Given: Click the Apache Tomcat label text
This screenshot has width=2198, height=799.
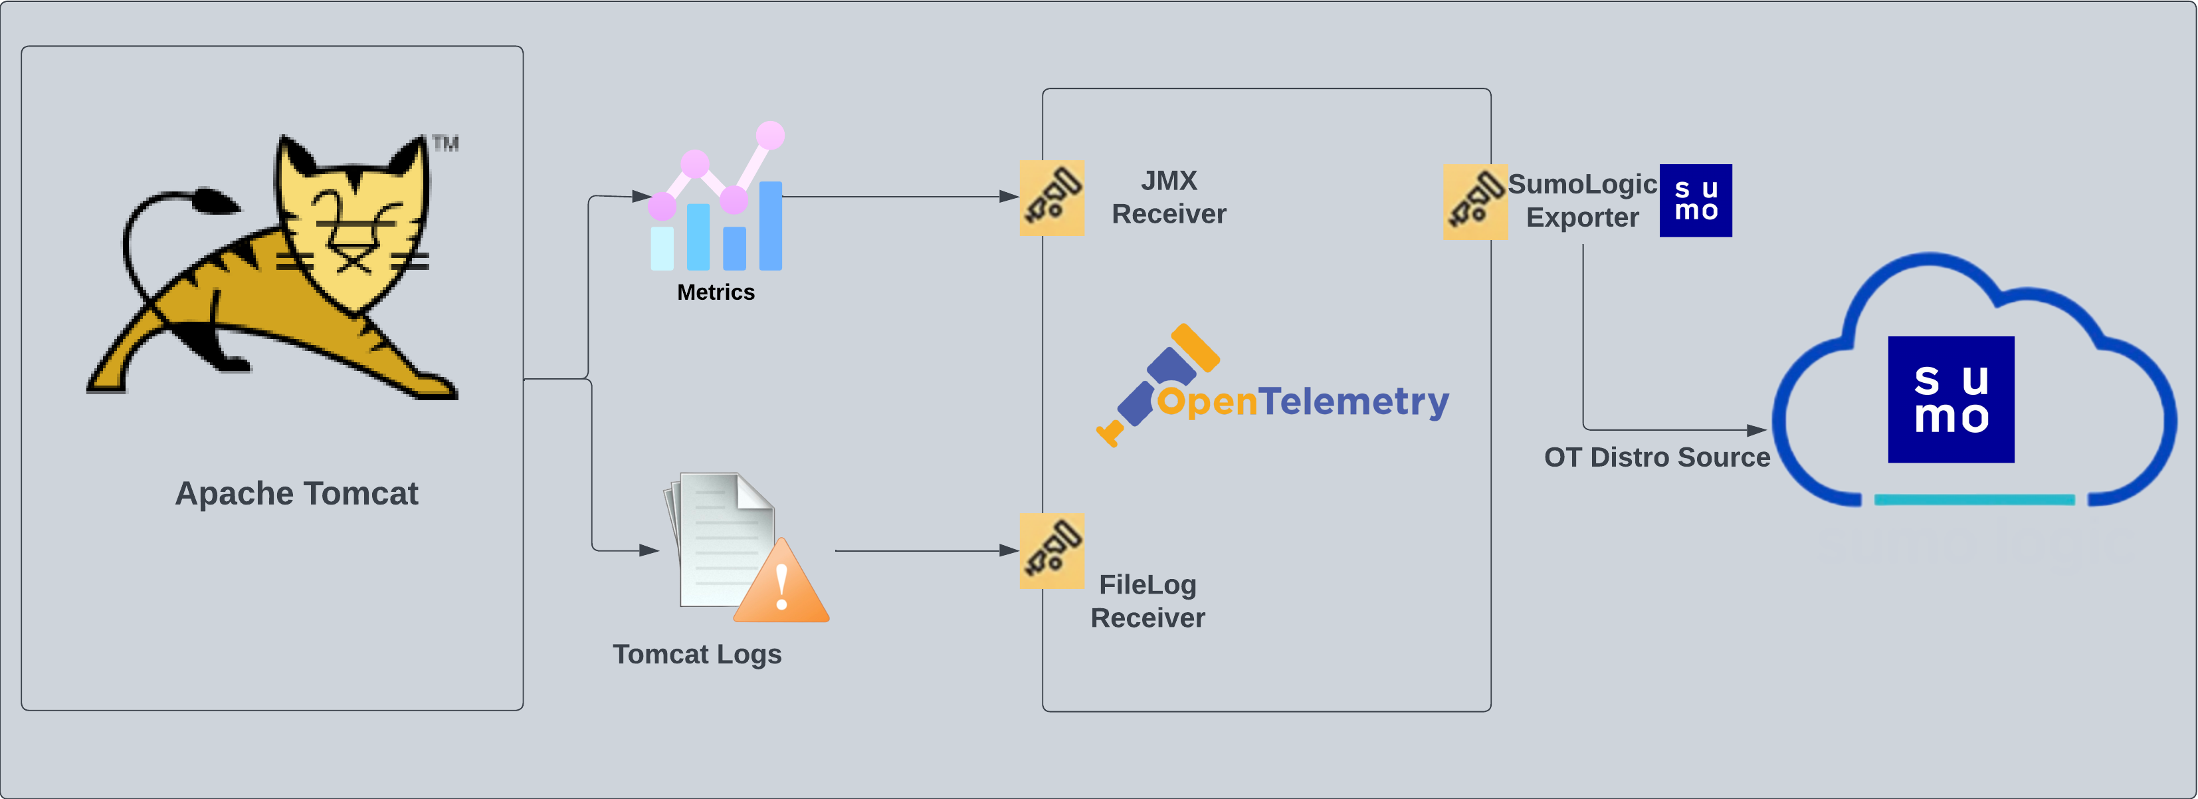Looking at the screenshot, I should coord(296,493).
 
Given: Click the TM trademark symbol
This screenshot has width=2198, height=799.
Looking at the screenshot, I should coord(445,144).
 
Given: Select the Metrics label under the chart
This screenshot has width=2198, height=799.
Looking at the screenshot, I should coord(715,292).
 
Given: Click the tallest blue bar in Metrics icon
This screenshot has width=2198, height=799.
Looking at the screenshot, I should coord(771,225).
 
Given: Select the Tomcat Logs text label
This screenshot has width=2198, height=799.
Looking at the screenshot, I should coord(696,654).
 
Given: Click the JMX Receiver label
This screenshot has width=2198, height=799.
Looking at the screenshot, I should coord(1168,197).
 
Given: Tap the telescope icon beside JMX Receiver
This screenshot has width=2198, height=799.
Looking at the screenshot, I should coord(1052,197).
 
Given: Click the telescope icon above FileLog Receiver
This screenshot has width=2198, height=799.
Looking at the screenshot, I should coord(1052,550).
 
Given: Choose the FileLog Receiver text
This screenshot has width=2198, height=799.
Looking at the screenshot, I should coord(1148,601).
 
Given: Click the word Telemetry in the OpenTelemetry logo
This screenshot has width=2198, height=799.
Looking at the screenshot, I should coord(1353,401).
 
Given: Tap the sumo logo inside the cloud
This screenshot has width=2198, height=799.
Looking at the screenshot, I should coord(1951,399).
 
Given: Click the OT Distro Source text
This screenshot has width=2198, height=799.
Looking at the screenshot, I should coord(1656,457).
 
